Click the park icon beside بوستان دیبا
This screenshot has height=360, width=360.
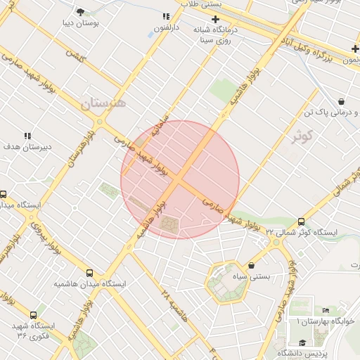[80, 11]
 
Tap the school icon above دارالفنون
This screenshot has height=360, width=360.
[166, 16]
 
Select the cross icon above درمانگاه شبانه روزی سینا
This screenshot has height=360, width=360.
[215, 19]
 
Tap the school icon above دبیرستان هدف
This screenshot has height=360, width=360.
[27, 136]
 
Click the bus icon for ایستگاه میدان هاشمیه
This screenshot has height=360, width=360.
[89, 273]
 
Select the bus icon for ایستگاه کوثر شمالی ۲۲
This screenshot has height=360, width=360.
[302, 221]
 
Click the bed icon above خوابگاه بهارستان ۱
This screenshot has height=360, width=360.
[325, 310]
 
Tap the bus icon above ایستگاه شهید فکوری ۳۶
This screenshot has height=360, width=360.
[33, 315]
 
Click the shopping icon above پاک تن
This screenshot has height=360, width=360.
[341, 101]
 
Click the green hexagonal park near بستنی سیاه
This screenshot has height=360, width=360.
[228, 281]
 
